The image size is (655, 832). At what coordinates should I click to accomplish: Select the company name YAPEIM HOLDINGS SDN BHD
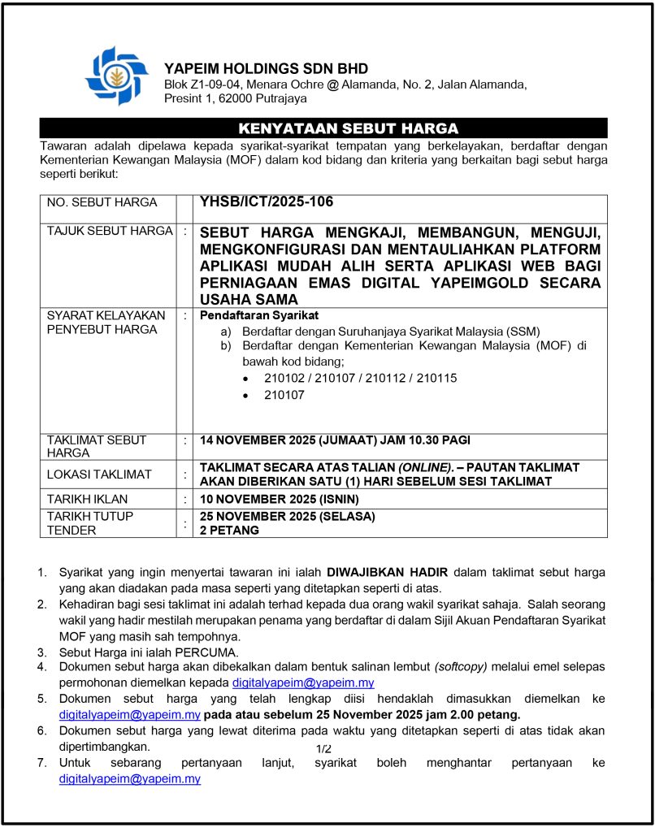pos(266,68)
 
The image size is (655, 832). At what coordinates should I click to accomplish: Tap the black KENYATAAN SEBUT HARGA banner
pos(323,128)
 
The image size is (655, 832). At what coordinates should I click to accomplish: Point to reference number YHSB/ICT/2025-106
pos(267,202)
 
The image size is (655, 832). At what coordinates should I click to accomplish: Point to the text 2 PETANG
pos(229,530)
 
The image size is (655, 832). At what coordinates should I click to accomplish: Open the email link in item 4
pos(303,683)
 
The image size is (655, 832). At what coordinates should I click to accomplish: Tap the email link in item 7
pos(129,778)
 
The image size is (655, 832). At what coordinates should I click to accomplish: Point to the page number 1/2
pos(323,748)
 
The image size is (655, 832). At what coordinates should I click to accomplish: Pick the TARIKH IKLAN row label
pos(87,498)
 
